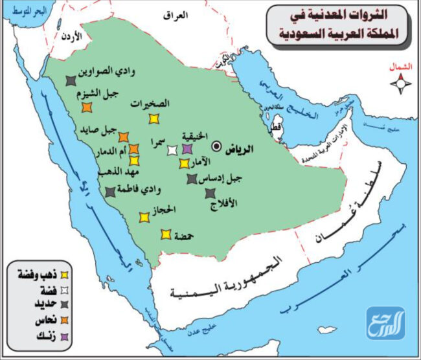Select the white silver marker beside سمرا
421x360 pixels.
pyautogui.click(x=172, y=151)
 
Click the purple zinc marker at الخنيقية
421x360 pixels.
pyautogui.click(x=187, y=150)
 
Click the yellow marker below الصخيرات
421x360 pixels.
pyautogui.click(x=154, y=118)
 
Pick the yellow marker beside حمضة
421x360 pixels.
pyautogui.click(x=166, y=234)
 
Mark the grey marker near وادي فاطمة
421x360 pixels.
pyautogui.click(x=111, y=192)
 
